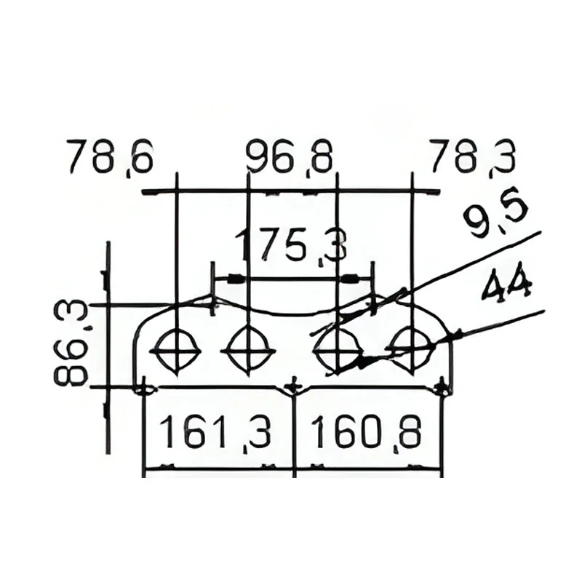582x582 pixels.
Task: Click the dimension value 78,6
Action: tap(109, 158)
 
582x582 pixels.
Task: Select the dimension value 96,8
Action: tap(288, 157)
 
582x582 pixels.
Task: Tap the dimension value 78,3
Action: tap(471, 158)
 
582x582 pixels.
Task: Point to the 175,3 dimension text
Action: tap(292, 247)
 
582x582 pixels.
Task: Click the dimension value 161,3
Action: tap(216, 433)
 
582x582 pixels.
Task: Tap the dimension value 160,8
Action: tap(366, 433)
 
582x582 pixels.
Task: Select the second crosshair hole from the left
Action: tap(248, 350)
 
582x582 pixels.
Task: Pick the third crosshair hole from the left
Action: tap(338, 350)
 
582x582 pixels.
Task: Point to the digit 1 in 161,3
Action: tap(169, 431)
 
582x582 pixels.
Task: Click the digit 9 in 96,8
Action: tap(258, 156)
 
